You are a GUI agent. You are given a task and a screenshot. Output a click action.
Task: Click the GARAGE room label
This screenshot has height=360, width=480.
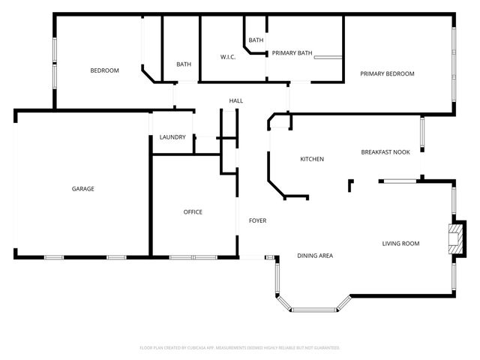82,189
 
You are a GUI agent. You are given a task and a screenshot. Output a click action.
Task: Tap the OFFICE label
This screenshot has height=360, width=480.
193,212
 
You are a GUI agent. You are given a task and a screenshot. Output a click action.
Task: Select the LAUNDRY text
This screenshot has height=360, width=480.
172,137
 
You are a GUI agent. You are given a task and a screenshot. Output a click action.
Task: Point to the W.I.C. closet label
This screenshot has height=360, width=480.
228,57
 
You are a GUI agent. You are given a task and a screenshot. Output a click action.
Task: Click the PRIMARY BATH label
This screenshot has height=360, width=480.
292,53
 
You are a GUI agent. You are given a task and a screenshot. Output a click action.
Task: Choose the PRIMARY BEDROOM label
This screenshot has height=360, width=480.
387,73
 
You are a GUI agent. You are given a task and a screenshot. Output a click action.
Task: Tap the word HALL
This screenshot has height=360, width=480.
236,101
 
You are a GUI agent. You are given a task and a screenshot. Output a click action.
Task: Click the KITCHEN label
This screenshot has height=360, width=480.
312,159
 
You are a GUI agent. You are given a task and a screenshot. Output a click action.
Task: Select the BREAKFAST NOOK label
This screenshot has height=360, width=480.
385,152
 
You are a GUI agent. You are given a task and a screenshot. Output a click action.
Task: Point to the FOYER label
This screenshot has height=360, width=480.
257,220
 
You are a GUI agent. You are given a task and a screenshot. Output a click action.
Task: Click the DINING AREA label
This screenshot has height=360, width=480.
315,256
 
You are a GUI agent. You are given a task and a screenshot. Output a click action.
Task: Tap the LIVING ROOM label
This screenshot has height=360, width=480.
400,243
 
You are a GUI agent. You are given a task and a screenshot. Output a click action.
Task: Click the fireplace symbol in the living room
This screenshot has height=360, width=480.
454,238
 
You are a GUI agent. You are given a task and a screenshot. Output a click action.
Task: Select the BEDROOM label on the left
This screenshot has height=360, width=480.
104,70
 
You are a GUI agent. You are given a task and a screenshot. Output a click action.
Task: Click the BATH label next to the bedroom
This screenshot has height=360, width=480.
184,64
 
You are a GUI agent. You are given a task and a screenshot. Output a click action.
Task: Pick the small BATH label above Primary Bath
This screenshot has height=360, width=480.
256,40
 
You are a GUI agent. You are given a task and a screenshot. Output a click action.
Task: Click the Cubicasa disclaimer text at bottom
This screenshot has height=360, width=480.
240,348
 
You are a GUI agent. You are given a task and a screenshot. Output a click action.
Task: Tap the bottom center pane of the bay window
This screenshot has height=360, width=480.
313,310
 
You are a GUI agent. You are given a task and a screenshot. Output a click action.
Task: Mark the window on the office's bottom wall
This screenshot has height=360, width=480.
193,258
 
